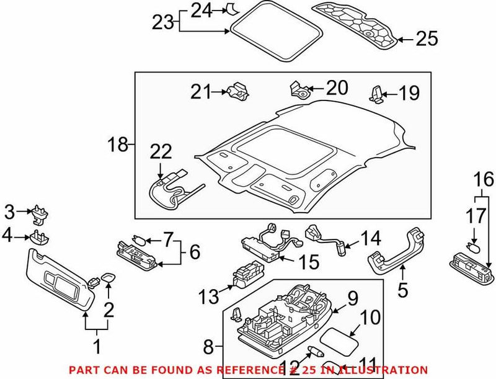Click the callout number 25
425,40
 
